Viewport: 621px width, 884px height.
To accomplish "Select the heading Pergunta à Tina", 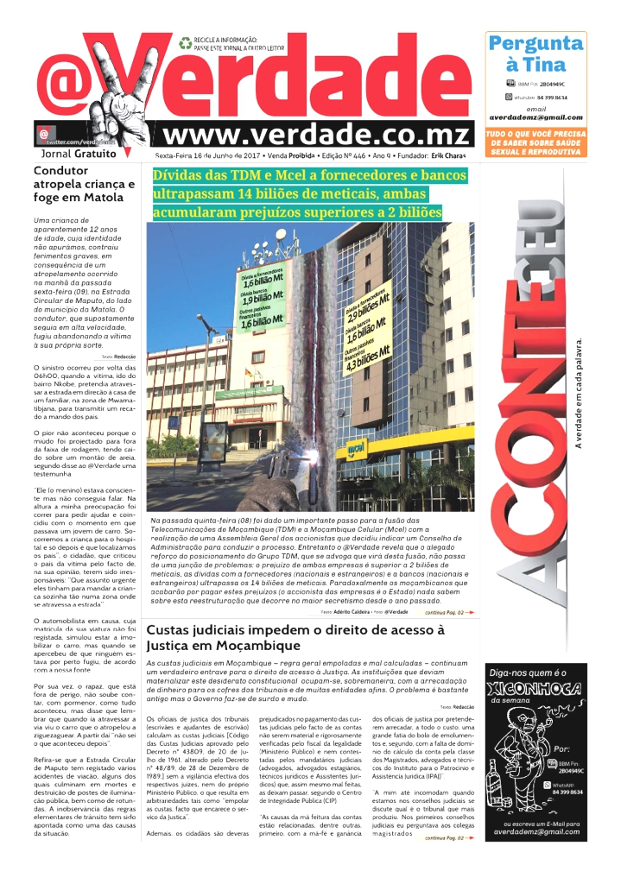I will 535,54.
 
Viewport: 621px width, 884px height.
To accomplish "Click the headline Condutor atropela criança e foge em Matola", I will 84,184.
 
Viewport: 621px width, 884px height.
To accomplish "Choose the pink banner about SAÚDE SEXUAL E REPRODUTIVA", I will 535,142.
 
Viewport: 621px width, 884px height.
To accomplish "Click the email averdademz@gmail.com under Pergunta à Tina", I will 535,117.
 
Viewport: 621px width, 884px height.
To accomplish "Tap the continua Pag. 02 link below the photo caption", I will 448,588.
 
